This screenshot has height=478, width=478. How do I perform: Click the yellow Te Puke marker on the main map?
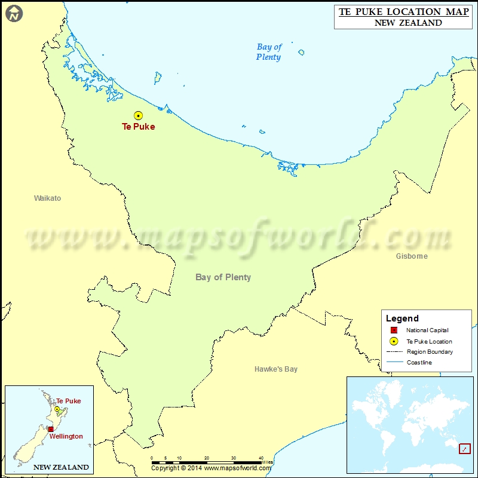pos(138,116)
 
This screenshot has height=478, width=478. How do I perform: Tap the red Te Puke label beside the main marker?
pos(138,127)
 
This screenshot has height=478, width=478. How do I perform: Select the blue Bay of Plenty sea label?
pos(269,52)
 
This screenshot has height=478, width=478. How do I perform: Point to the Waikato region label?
pos(47,198)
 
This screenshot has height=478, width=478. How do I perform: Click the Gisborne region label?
pos(412,256)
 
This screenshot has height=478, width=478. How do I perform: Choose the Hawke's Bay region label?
pos(275,369)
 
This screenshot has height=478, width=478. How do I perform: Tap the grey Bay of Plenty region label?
pos(223,277)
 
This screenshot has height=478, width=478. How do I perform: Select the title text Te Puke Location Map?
pos(404,11)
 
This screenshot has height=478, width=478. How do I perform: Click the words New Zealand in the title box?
pos(408,23)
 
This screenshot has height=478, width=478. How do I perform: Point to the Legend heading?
pos(402,318)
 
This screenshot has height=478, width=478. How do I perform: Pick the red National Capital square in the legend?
pos(394,330)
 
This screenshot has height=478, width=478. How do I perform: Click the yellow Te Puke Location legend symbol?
pos(394,341)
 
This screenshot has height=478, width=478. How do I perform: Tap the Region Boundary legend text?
pos(430,352)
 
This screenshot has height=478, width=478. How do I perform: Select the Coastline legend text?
pos(419,363)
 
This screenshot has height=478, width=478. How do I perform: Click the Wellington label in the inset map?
pos(66,436)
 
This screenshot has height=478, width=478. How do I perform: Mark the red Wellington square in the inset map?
pos(51,429)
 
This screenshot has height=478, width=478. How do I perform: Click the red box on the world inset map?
pos(464,448)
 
